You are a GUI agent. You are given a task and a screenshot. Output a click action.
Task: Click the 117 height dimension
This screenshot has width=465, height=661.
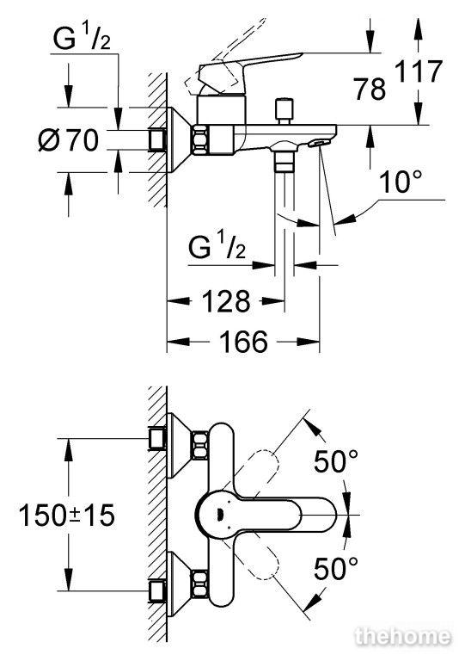pyautogui.click(x=419, y=71)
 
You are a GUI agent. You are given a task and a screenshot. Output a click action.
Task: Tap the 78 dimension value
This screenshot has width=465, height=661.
pyautogui.click(x=370, y=89)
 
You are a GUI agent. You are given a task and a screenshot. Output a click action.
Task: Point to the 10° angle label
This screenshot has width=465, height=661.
pyautogui.click(x=401, y=182)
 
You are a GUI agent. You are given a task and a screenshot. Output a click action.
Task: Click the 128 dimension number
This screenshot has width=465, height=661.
pyautogui.click(x=226, y=301)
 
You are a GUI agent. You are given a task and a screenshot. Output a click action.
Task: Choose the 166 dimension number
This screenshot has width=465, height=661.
pyautogui.click(x=243, y=341)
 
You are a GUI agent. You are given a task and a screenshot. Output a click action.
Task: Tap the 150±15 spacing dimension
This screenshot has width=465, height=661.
pyautogui.click(x=67, y=516)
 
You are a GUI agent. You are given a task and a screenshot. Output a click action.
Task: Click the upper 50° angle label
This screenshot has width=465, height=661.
pyautogui.click(x=336, y=461)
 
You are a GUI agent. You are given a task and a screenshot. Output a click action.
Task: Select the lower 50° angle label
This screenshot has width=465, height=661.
pyautogui.click(x=336, y=568)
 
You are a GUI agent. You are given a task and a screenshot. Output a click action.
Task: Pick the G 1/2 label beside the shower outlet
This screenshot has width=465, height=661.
pyautogui.click(x=217, y=247)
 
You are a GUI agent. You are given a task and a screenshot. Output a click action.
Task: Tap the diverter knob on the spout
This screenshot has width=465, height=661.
pyautogui.click(x=284, y=111)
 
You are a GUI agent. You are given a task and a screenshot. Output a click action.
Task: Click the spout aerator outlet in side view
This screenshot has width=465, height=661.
pyautogui.click(x=318, y=144)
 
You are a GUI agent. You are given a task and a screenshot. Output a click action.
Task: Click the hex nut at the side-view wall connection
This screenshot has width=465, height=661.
pyautogui.click(x=200, y=140)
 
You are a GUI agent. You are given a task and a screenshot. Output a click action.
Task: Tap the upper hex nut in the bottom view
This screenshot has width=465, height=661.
pyautogui.click(x=200, y=445)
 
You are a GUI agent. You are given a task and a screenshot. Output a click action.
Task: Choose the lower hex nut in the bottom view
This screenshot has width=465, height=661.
pyautogui.click(x=200, y=584)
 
